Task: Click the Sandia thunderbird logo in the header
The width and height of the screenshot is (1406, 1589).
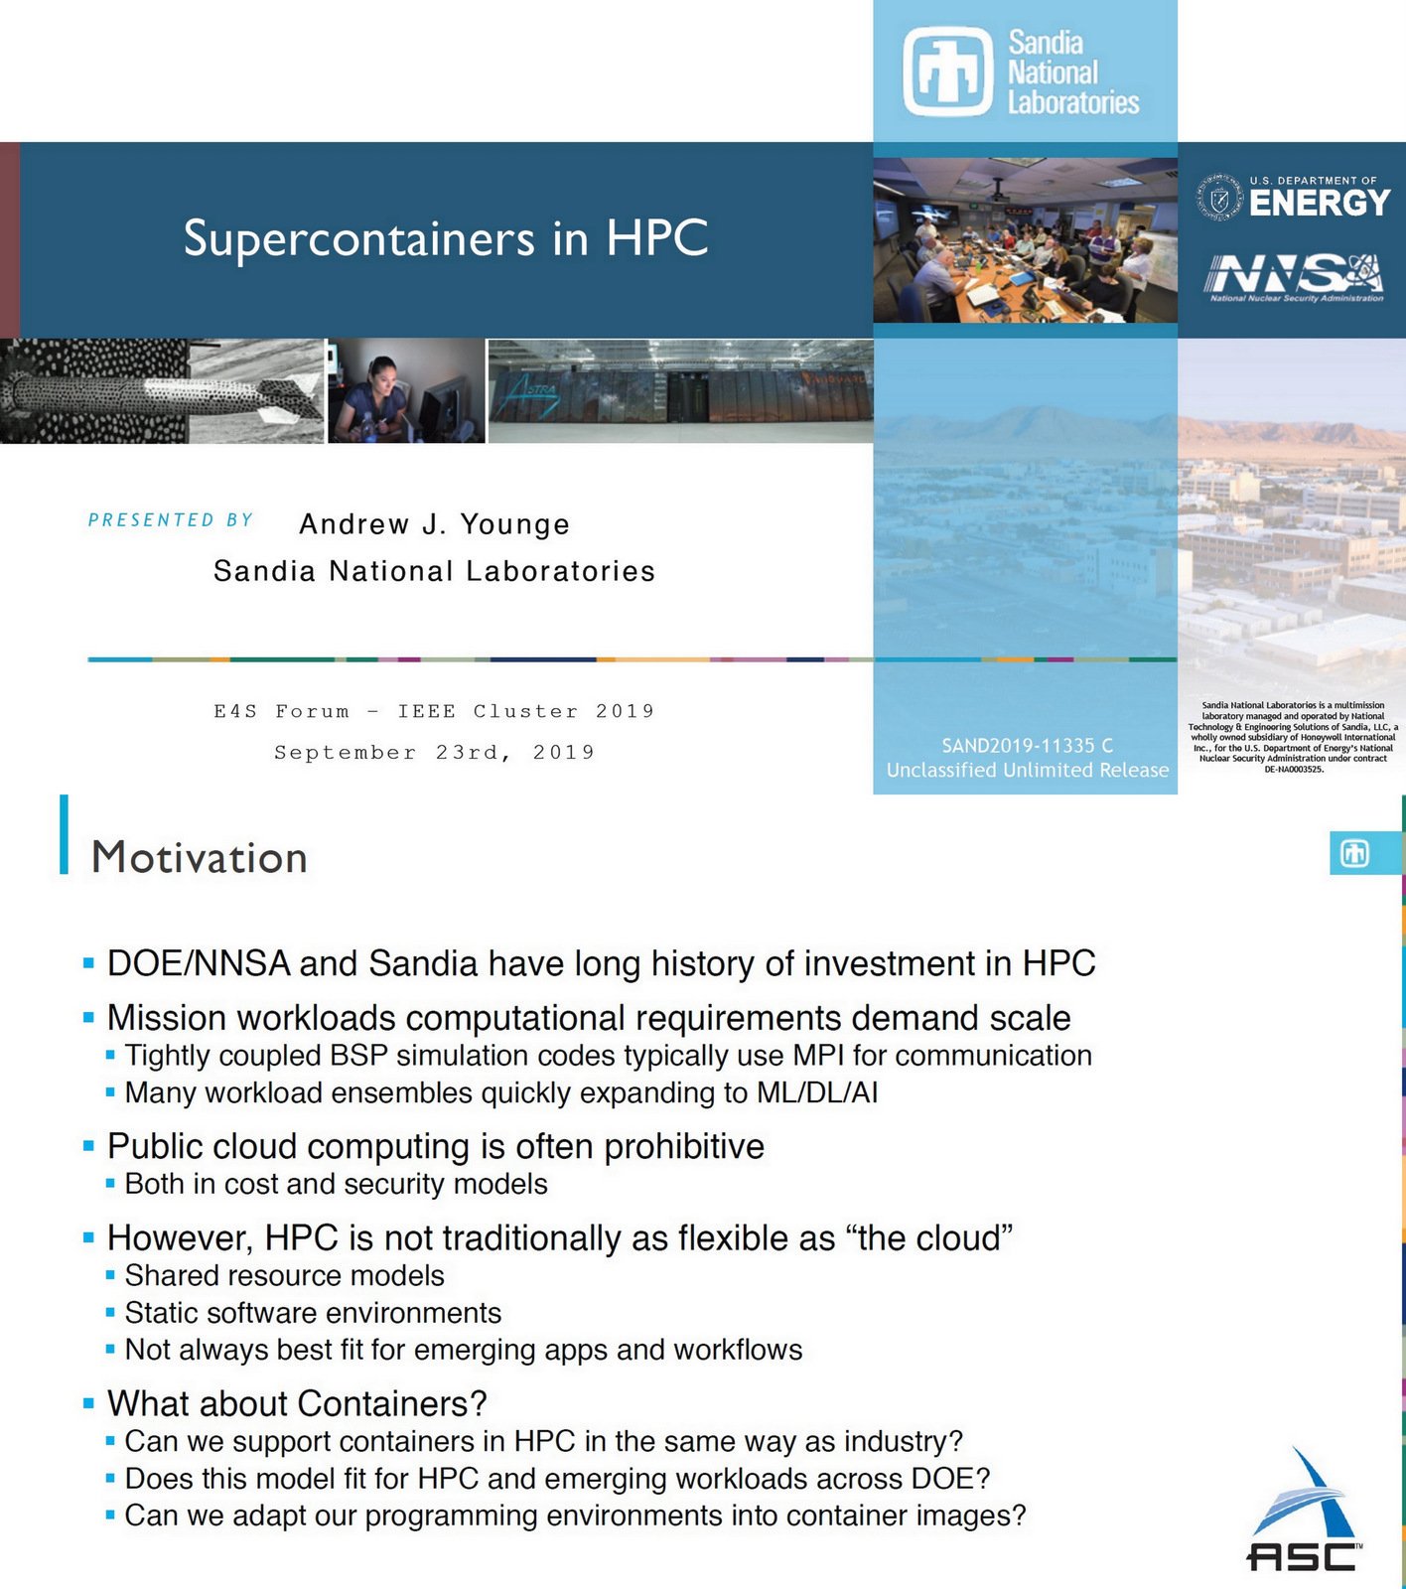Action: pos(947,72)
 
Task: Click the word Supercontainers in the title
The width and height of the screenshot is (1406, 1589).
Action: pos(359,239)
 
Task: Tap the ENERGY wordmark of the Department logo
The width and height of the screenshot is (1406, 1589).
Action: pos(1319,204)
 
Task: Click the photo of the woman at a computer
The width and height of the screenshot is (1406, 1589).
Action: pos(406,390)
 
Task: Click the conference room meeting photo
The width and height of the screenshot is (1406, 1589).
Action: pos(1025,241)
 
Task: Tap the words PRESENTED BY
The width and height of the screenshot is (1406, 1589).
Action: pos(171,520)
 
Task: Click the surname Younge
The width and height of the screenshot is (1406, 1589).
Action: pos(514,524)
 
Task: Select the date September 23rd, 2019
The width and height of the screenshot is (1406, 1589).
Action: pos(434,753)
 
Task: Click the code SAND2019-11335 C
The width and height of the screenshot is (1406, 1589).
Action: pos(1027,745)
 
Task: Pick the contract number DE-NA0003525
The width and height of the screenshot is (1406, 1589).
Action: pos(1293,769)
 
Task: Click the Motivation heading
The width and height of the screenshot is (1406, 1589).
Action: pos(200,858)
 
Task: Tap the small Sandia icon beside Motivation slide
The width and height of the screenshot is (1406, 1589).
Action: pos(1354,854)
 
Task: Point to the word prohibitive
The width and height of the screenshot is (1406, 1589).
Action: pos(684,1147)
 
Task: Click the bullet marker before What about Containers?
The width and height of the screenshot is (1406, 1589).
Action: pos(88,1404)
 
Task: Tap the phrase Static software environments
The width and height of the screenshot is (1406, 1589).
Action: pos(313,1314)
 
